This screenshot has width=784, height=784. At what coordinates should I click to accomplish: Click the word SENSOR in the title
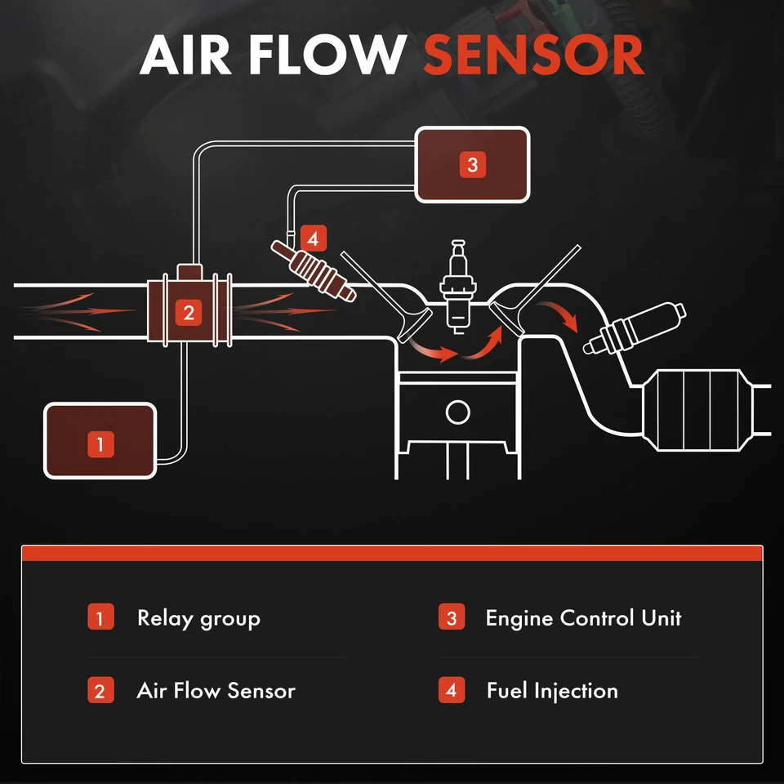(533, 56)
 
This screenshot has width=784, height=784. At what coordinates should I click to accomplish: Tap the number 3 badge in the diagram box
(472, 165)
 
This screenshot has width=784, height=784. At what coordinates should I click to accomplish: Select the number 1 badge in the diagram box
(100, 444)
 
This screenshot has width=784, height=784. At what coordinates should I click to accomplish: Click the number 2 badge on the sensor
(189, 312)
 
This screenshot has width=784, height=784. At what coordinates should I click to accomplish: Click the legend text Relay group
(198, 618)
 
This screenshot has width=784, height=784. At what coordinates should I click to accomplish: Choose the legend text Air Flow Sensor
(216, 691)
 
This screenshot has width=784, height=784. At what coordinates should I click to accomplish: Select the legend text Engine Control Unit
(583, 618)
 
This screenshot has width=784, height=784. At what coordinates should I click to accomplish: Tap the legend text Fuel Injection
(552, 691)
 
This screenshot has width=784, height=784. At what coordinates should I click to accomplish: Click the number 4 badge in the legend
(451, 690)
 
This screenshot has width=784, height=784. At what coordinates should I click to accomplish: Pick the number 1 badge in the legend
(100, 617)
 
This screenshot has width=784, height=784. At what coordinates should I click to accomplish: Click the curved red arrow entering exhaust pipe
(563, 315)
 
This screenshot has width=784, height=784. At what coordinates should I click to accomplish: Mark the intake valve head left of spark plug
(410, 328)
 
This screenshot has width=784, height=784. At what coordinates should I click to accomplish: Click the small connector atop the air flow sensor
(189, 271)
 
